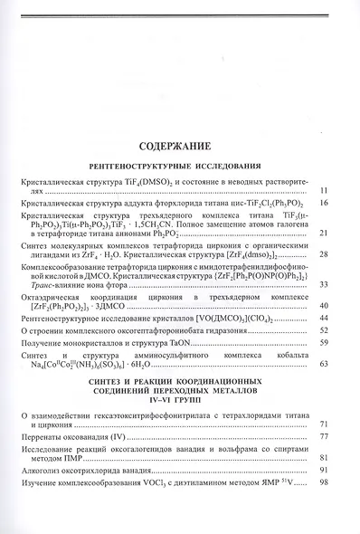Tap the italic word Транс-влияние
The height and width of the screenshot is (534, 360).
click(50, 285)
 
